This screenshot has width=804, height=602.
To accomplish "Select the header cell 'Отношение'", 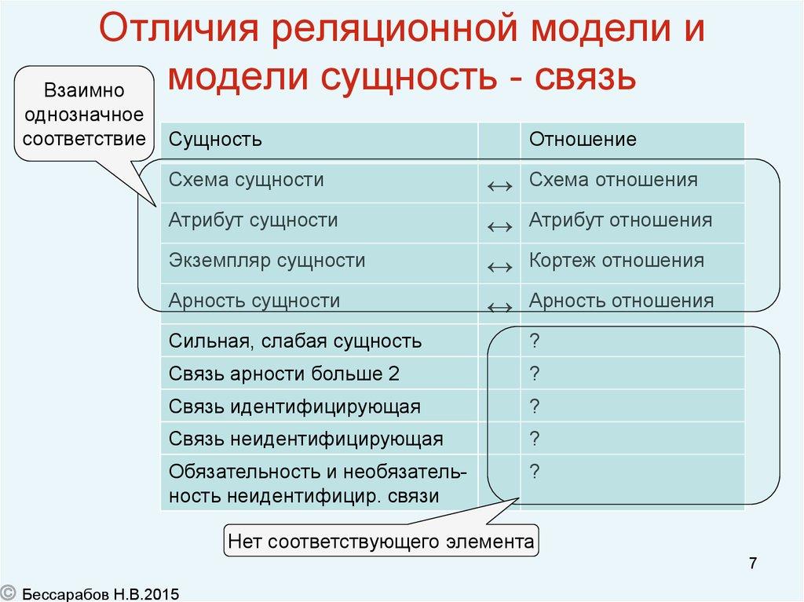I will [x=583, y=140].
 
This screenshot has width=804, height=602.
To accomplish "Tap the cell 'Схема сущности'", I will [x=246, y=180].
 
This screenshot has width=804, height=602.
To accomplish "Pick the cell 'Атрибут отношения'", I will [x=620, y=221].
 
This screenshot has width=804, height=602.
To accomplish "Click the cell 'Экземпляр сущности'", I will [x=267, y=261].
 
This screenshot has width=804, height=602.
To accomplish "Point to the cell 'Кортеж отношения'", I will [x=616, y=261].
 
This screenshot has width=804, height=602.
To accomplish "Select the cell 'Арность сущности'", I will [x=254, y=301].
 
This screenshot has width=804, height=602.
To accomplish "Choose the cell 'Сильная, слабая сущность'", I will [x=295, y=341].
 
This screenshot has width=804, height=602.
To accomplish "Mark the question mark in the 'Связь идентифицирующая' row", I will [x=535, y=407].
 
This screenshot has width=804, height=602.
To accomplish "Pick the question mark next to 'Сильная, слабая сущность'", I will [x=535, y=341].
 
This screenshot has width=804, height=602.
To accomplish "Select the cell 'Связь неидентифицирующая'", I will [x=306, y=439].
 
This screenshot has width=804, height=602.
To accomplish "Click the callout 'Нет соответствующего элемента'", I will [x=381, y=542].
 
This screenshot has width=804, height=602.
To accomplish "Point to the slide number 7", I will [x=753, y=563].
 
